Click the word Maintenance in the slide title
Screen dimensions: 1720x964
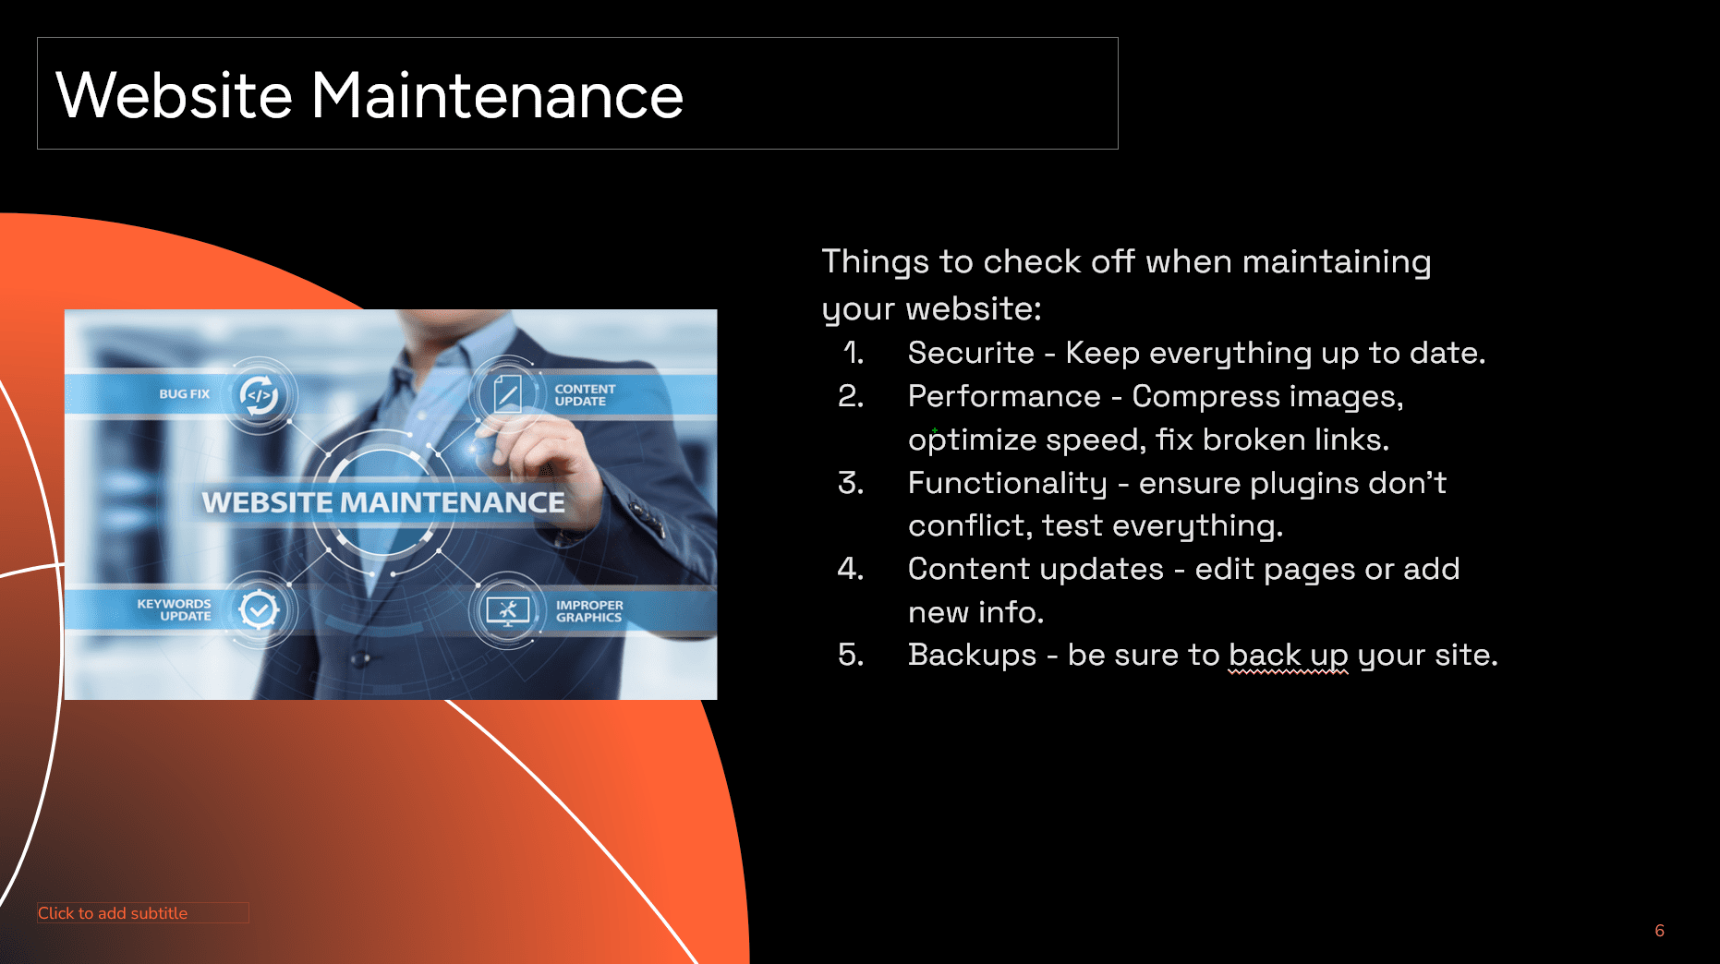497,95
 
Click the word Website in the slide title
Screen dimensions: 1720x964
175,95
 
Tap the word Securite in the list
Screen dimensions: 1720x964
971,353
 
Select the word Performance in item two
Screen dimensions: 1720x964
1004,396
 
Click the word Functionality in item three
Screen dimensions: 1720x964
1007,484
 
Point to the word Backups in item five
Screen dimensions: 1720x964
972,655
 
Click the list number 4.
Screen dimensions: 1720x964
851,569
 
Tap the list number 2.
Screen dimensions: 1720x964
851,396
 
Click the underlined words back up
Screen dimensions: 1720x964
1289,656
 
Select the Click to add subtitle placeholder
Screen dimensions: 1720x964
143,912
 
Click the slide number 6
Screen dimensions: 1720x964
1660,931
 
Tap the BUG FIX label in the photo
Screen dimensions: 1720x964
184,394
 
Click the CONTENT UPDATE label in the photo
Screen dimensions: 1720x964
585,395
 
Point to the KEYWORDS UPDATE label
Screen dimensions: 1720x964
174,610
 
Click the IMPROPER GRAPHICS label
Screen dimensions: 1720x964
589,611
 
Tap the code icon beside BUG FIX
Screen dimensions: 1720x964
260,395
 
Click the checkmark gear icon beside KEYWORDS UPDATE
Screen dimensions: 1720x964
260,609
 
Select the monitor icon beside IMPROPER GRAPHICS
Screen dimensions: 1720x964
507,610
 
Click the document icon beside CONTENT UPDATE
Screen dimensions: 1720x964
507,394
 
